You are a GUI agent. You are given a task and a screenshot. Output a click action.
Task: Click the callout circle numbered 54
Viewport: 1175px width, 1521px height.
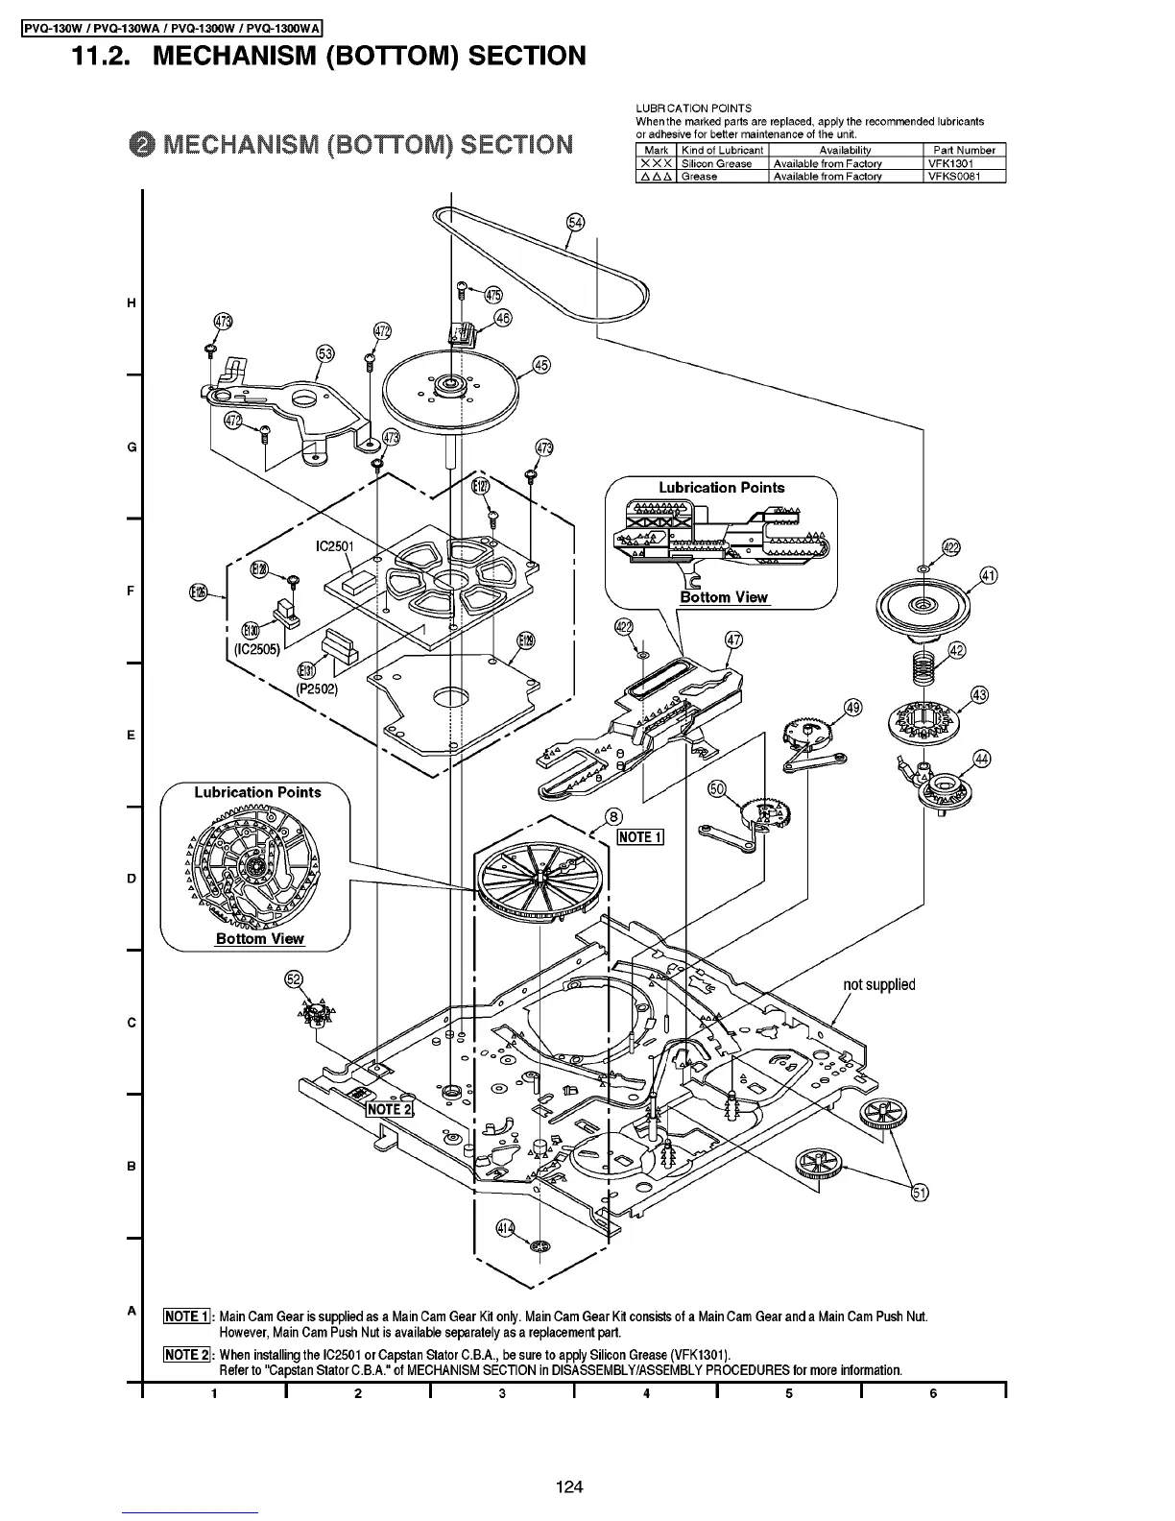(x=575, y=223)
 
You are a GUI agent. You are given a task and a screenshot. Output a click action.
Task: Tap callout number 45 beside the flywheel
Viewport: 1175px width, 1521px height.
(x=541, y=365)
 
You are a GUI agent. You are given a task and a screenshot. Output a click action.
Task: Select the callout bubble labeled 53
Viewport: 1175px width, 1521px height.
(x=325, y=354)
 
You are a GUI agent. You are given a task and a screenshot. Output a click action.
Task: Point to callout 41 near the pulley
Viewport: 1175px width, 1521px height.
(x=988, y=576)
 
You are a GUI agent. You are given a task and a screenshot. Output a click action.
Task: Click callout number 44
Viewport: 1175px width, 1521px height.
(x=981, y=759)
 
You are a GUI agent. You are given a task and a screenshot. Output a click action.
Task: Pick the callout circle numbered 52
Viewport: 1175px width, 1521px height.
(x=295, y=979)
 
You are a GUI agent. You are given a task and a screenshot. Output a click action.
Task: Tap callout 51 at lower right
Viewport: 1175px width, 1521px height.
(x=919, y=1194)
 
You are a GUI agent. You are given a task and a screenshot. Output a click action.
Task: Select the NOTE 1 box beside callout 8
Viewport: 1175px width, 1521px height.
(x=639, y=837)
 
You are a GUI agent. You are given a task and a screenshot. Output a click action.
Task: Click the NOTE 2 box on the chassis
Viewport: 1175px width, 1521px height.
(x=390, y=1109)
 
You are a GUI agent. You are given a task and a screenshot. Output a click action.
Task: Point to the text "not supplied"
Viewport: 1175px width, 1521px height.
(x=878, y=984)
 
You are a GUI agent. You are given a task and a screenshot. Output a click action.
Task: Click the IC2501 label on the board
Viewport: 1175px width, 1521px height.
(x=335, y=547)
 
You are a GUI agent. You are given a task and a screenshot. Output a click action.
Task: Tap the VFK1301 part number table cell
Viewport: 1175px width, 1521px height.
(x=950, y=163)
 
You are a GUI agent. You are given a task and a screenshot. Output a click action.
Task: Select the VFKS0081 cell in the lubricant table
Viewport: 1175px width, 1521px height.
(x=954, y=177)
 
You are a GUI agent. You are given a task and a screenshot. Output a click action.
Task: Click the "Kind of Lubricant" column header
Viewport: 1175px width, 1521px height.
(x=722, y=150)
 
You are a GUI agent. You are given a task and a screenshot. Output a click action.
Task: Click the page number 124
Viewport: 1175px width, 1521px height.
(x=569, y=1487)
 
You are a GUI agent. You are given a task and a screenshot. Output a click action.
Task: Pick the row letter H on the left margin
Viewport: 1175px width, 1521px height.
(x=131, y=303)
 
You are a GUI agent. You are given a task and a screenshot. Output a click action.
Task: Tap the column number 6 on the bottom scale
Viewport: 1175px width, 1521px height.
(x=932, y=1394)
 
